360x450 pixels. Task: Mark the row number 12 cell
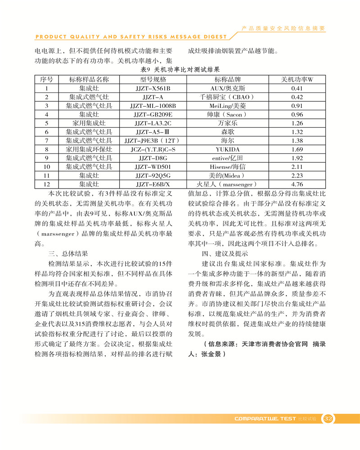pyautogui.click(x=46, y=184)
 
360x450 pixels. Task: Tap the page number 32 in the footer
pyautogui.click(x=328, y=418)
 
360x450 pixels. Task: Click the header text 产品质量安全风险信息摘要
pyautogui.click(x=283, y=28)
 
